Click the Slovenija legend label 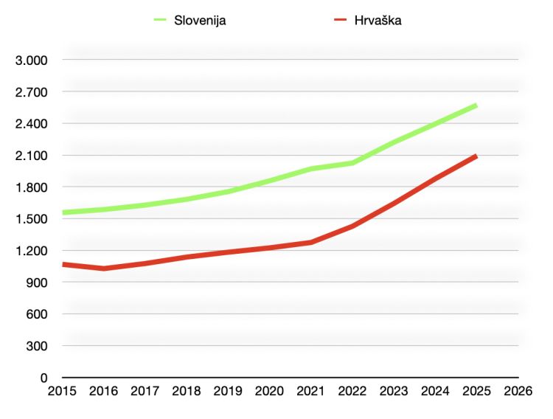click(200, 21)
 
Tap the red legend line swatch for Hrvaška click(339, 21)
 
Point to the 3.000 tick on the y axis click(32, 60)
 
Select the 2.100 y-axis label click(32, 155)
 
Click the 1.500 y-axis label click(32, 219)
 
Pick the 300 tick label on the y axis click(38, 346)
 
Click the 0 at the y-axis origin click(44, 378)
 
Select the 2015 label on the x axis click(63, 392)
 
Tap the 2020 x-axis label click(270, 392)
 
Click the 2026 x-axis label click(518, 392)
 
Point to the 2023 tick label click(394, 392)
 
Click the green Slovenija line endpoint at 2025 click(476, 105)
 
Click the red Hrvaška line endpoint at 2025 click(476, 156)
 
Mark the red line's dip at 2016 click(104, 269)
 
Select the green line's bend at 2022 click(352, 163)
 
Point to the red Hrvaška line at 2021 click(311, 242)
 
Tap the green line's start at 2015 click(64, 212)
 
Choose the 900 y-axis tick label click(38, 283)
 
